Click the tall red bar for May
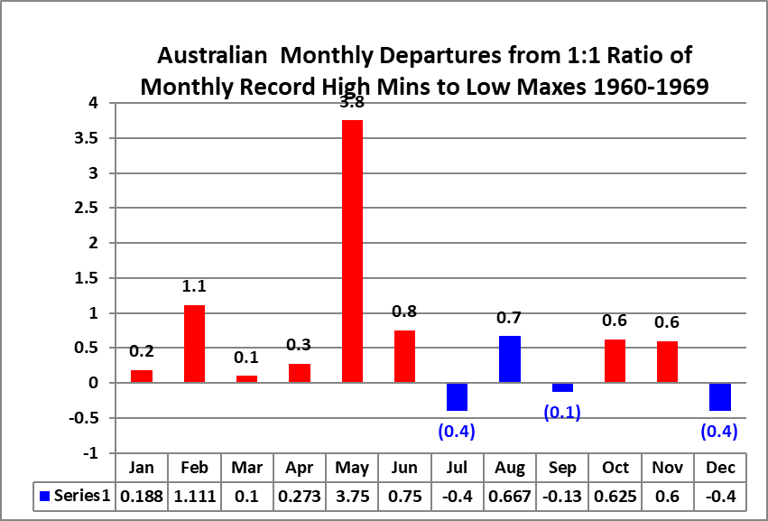[352, 251]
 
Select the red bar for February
[194, 344]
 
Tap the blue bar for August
[510, 359]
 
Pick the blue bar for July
[457, 396]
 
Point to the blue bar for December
[720, 396]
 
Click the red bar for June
[404, 357]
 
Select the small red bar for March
[246, 379]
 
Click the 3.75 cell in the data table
[352, 495]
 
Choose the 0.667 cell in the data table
[510, 495]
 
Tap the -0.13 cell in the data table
[562, 495]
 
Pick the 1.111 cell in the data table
[194, 495]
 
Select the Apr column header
[299, 468]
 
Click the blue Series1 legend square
[44, 495]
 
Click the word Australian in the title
[213, 56]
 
